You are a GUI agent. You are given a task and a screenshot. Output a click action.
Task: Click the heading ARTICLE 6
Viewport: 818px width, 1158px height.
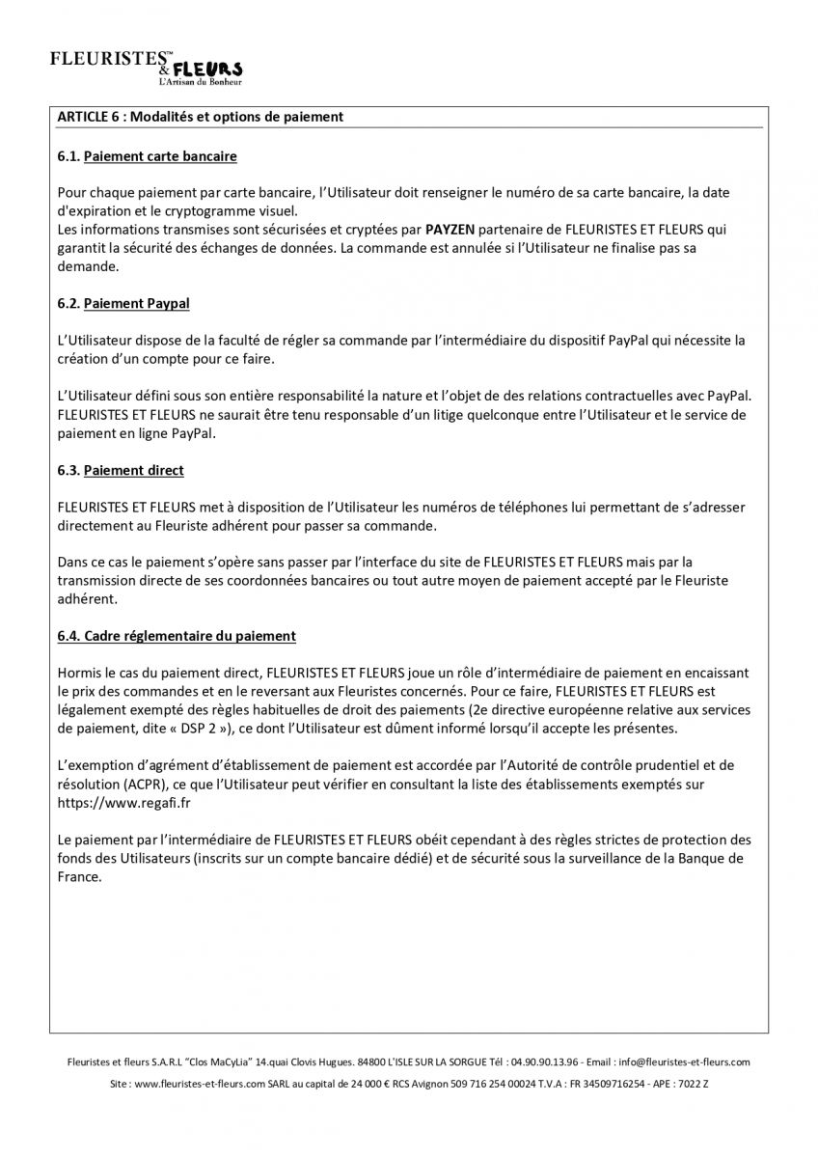point(200,117)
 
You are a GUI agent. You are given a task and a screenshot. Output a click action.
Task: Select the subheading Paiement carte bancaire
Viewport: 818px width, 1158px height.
point(160,155)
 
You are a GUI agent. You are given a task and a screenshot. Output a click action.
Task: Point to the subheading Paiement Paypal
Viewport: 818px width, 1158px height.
point(137,303)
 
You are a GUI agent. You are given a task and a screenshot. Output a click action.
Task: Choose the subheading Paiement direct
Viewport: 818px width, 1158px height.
point(134,470)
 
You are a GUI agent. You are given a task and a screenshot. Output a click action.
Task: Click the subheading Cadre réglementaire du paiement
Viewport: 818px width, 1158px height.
point(190,636)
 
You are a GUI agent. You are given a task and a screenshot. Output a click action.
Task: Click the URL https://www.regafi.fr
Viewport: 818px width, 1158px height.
point(112,802)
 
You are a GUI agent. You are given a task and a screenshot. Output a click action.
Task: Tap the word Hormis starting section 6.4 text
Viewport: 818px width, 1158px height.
point(79,673)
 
